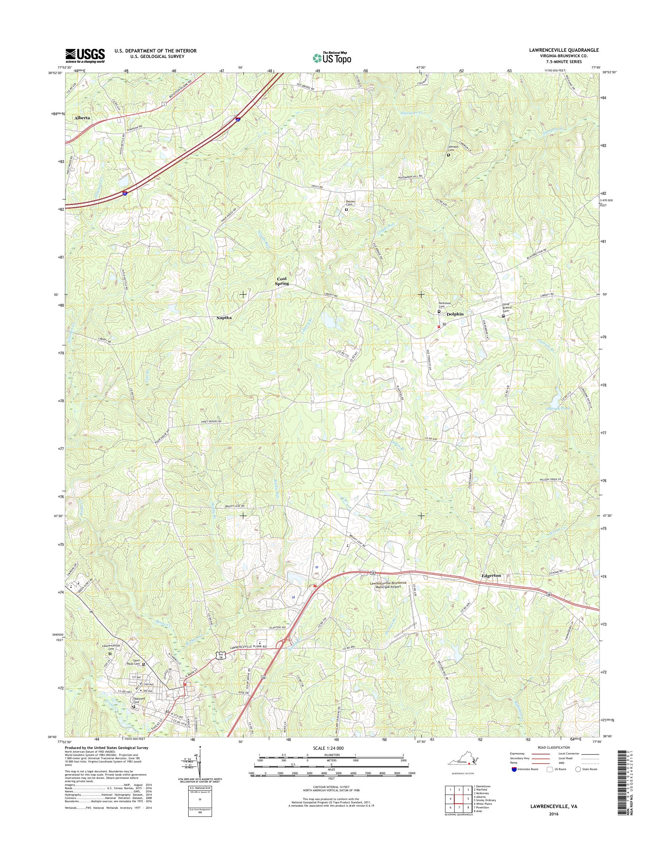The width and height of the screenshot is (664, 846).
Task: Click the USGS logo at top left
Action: (85, 55)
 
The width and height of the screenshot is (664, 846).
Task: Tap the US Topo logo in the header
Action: (332, 58)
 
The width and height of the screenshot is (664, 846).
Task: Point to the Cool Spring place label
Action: (283, 282)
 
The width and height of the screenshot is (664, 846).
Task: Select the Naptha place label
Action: (224, 318)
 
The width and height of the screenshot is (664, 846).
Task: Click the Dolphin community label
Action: (455, 314)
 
